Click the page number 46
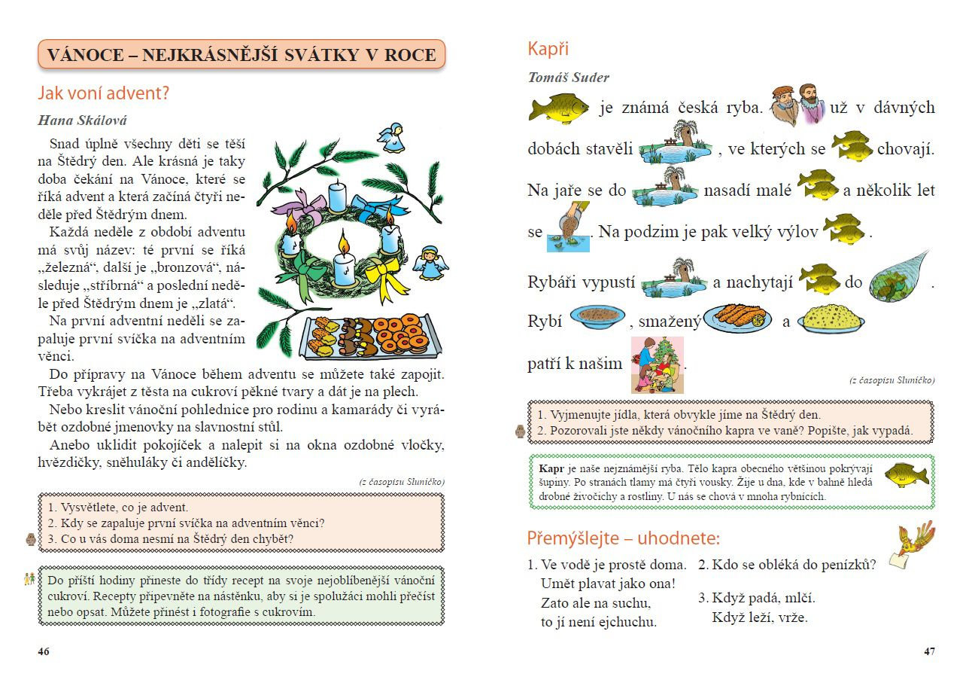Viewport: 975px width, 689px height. (44, 652)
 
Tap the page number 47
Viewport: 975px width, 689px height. (929, 652)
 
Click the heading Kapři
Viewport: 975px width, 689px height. (548, 49)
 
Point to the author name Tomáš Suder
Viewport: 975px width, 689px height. (568, 78)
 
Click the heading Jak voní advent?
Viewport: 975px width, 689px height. (103, 94)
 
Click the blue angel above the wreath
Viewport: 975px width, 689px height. (392, 139)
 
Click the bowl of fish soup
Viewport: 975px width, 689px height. (598, 316)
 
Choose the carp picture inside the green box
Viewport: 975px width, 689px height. (907, 475)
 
